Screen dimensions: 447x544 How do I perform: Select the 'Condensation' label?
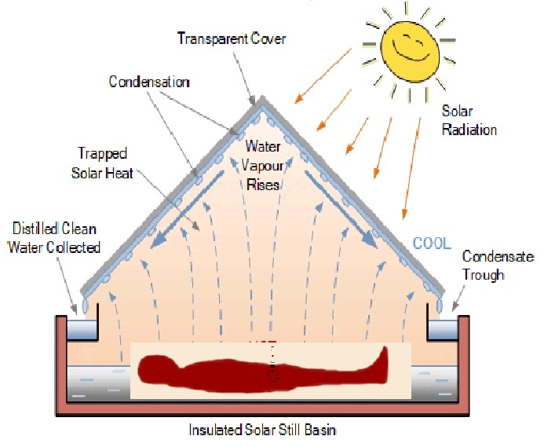tap(149, 82)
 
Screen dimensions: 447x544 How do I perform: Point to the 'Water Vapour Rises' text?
tap(263, 166)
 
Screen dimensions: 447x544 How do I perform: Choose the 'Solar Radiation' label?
tap(469, 120)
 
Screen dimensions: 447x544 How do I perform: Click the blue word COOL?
tap(433, 244)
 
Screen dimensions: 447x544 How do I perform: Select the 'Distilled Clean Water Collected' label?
tap(55, 239)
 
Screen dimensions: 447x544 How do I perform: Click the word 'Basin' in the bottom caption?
tap(320, 431)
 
